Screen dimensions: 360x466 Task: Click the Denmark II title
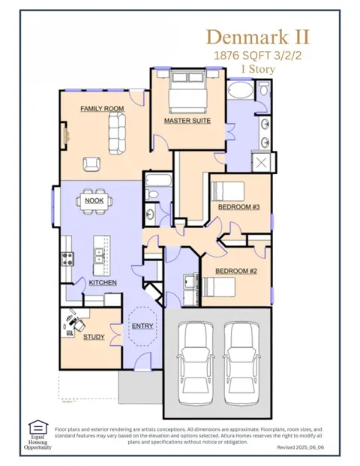[x=258, y=38]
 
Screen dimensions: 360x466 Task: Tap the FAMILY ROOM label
[x=102, y=109]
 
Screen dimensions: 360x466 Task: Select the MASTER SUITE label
[x=187, y=121]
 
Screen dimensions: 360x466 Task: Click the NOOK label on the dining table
[x=94, y=200]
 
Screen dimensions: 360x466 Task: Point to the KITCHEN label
[x=103, y=282]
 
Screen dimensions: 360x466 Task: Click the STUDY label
[x=94, y=337]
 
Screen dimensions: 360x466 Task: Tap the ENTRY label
[x=142, y=326]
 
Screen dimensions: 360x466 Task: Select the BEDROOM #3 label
[x=239, y=207]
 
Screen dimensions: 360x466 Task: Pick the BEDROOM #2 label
[x=236, y=271]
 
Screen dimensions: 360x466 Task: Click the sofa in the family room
[x=117, y=134]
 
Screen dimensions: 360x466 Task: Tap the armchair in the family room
[x=91, y=164]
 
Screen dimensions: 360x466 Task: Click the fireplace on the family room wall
[x=64, y=135]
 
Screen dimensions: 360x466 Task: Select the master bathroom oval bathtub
[x=241, y=90]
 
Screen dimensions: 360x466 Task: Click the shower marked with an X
[x=261, y=163]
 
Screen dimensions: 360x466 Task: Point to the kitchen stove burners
[x=67, y=259]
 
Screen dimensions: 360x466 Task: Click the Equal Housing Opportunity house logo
[x=38, y=427]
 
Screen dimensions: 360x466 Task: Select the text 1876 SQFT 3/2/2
[x=257, y=56]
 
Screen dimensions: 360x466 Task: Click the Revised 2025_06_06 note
[x=300, y=447]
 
